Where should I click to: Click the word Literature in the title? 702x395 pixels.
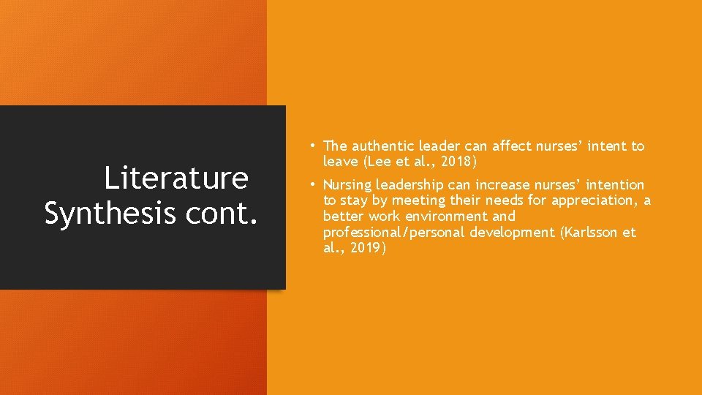click(x=176, y=178)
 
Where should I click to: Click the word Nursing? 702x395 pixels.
click(x=347, y=185)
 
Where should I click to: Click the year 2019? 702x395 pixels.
click(x=364, y=249)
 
